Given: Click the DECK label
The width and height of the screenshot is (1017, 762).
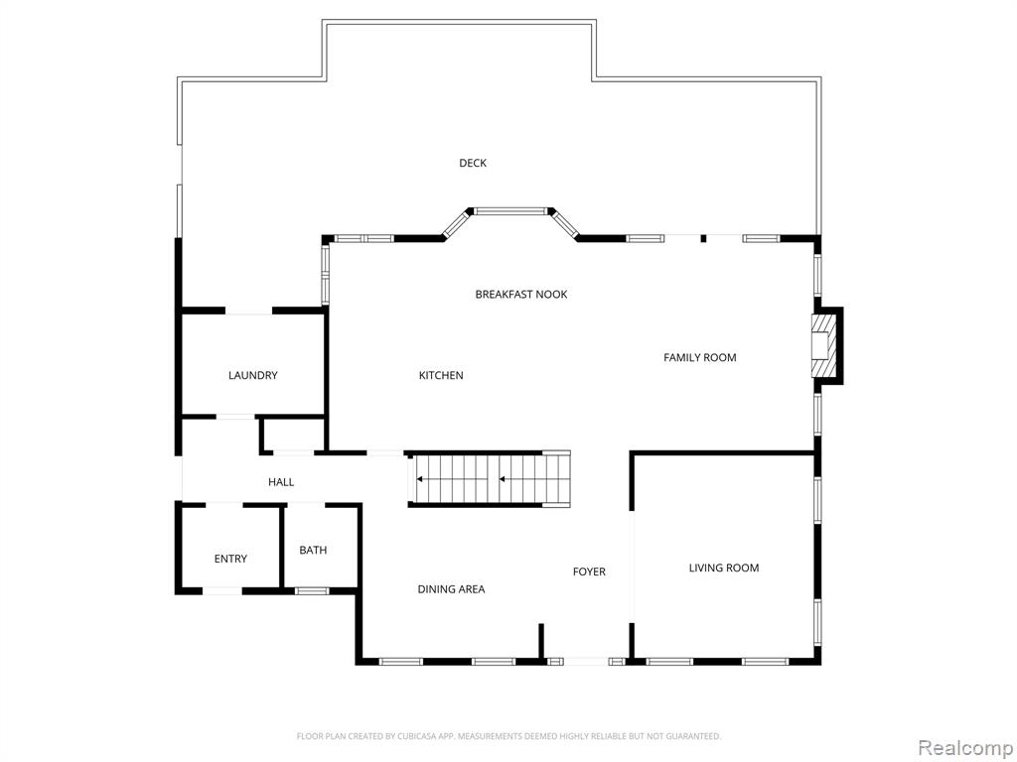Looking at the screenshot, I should tap(473, 164).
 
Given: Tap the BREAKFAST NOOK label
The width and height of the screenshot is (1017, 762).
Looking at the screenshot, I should tap(520, 295).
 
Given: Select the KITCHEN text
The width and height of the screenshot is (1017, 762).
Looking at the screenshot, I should tap(441, 376).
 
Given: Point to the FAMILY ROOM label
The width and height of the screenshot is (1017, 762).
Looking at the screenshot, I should tap(699, 358).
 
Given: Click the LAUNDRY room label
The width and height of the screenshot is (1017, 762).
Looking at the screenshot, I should tap(252, 376).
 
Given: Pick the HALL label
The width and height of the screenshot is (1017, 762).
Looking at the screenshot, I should tap(281, 482).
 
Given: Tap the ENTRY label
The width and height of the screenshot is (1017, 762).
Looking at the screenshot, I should tap(230, 560).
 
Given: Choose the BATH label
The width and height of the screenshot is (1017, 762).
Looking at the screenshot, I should tap(313, 551).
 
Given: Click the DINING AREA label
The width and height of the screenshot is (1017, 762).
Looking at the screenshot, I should tap(451, 589).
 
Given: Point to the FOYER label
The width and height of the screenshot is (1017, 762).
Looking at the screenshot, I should tap(589, 571).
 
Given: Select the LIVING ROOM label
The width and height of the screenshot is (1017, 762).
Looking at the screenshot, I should tap(723, 569).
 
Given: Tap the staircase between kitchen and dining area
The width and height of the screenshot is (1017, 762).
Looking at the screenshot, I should tap(490, 479).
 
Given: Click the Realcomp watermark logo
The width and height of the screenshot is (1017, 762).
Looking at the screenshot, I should tap(965, 746).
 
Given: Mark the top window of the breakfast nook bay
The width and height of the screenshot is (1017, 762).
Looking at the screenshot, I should tap(510, 210).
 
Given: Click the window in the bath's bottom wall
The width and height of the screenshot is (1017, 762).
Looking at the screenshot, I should tap(312, 591).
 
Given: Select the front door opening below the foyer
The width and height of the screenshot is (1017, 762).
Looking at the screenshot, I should tap(586, 661).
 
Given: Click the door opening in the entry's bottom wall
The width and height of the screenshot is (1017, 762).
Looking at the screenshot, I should tap(222, 591).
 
